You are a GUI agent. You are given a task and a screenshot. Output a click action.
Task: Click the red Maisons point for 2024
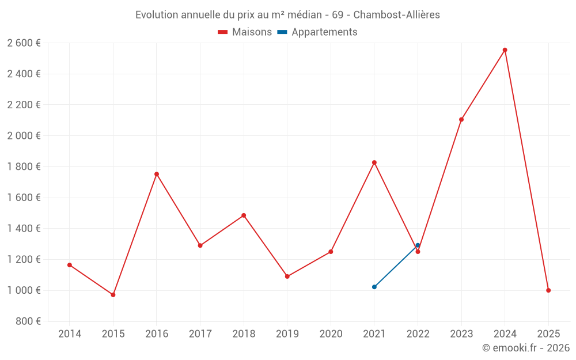(505, 50)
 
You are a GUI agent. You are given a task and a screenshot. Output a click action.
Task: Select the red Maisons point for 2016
(157, 174)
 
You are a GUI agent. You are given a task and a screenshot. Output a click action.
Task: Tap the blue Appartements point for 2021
(374, 287)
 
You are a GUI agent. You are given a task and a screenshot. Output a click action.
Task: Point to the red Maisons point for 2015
(113, 295)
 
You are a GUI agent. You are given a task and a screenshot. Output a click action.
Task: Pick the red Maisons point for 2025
(548, 290)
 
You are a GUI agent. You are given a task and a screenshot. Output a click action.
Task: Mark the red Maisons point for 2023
(461, 120)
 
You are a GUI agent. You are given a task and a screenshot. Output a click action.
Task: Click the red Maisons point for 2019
(287, 276)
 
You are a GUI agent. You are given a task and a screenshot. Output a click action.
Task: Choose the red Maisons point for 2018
(244, 215)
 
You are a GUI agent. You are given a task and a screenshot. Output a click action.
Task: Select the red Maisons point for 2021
(374, 162)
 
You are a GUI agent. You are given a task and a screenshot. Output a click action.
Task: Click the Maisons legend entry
(245, 32)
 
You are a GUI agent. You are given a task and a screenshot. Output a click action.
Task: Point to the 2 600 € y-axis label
(24, 43)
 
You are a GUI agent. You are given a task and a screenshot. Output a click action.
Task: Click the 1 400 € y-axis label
(24, 229)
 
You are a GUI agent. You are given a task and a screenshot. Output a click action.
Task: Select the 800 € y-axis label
(27, 321)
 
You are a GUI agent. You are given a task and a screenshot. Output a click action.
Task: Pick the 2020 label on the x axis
(331, 334)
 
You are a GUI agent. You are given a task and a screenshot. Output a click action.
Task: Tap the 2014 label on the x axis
(70, 334)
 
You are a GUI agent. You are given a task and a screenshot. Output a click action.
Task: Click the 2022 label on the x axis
(418, 334)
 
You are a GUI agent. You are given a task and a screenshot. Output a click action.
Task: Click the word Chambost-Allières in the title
(396, 15)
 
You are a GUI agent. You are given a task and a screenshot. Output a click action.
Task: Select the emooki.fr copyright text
(525, 348)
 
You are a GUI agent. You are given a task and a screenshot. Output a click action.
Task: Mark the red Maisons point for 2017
(200, 245)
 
